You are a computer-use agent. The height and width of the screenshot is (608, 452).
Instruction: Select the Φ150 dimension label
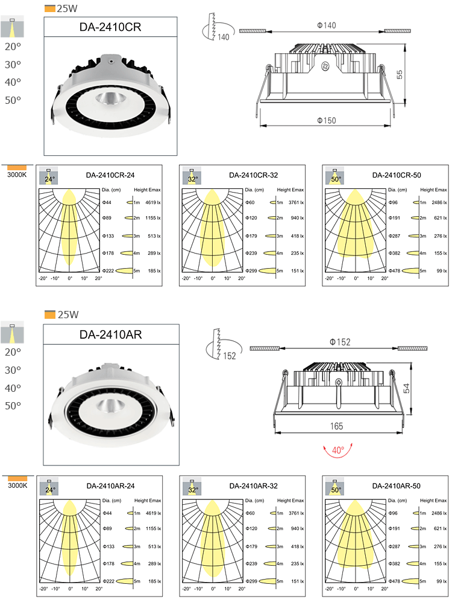(x=326, y=121)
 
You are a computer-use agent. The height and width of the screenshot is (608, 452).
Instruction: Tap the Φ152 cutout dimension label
(x=340, y=342)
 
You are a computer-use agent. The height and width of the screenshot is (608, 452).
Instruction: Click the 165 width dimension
(x=336, y=426)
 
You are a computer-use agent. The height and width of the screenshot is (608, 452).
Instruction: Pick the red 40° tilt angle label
(x=337, y=450)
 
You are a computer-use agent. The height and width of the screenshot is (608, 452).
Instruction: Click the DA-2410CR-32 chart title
(x=253, y=176)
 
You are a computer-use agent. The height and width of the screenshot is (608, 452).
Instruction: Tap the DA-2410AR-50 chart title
(x=397, y=485)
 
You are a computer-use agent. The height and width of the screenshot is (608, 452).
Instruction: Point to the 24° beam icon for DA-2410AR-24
(x=49, y=487)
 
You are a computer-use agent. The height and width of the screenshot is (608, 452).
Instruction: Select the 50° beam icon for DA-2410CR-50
(x=335, y=177)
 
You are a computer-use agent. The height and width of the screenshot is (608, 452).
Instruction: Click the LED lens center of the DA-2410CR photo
(x=111, y=97)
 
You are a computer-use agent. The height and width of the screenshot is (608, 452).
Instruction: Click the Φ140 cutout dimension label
(x=326, y=25)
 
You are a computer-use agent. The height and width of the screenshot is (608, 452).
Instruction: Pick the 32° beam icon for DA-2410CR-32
(x=192, y=177)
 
